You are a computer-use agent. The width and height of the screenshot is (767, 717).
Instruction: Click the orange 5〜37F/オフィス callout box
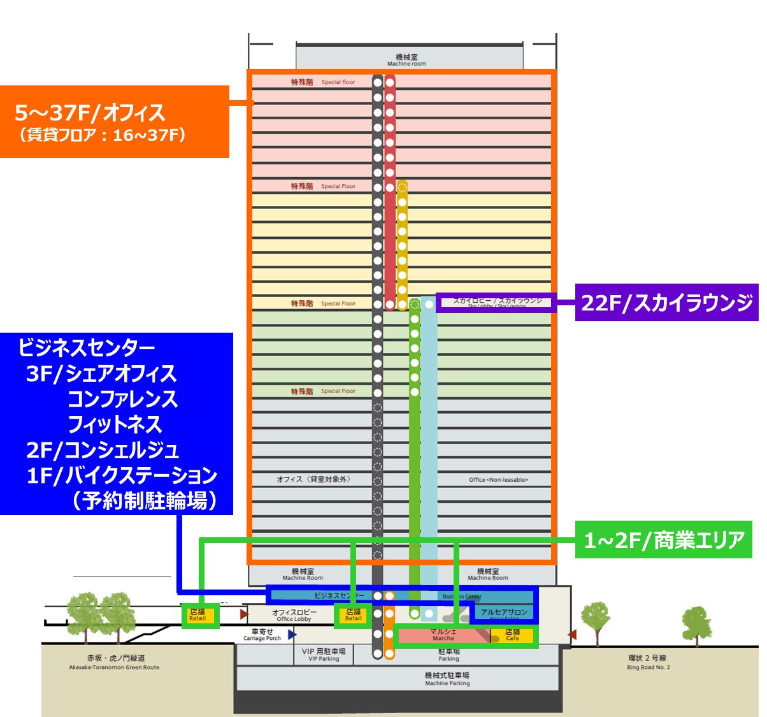[x=115, y=122]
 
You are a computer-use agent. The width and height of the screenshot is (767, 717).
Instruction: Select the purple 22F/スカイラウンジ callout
[x=666, y=302]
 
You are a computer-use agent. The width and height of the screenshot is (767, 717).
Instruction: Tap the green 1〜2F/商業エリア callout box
[x=664, y=540]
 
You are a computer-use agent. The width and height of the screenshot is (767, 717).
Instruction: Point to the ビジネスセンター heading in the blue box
[x=87, y=348]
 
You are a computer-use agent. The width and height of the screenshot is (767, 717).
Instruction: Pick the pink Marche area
[x=443, y=635]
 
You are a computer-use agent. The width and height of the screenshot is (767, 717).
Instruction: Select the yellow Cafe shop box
[x=512, y=635]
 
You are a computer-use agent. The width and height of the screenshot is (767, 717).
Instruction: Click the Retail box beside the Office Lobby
[x=353, y=615]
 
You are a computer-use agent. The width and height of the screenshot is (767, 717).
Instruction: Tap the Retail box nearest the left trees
[x=197, y=615]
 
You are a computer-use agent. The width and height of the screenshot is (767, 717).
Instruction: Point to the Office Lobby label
[x=294, y=615]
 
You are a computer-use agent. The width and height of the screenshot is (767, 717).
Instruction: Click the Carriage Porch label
[x=262, y=635]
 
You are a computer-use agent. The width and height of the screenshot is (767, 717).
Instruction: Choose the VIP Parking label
[x=324, y=655]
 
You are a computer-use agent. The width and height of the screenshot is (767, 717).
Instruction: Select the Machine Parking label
[x=447, y=679]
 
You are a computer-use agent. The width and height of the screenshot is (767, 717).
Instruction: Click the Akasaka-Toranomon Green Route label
[x=115, y=663]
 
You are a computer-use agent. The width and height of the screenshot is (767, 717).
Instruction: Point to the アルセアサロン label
[x=504, y=613]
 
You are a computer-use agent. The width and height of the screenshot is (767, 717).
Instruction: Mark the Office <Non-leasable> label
[x=498, y=479]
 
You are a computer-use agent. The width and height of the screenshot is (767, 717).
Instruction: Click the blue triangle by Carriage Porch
[x=292, y=634]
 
